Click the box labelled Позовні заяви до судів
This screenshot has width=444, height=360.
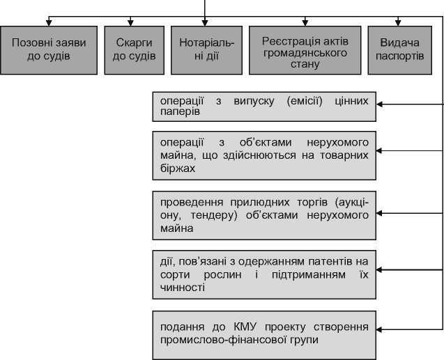[49, 49]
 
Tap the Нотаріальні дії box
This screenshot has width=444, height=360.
[202, 49]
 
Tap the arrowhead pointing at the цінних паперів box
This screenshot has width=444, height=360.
[381, 104]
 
